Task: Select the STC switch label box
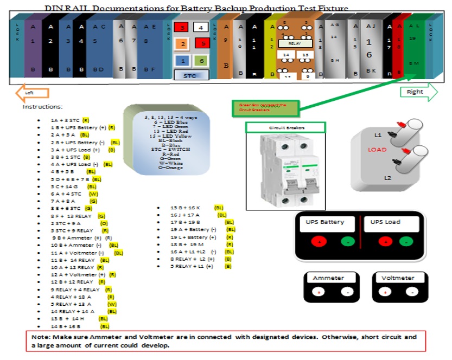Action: click(x=190, y=76)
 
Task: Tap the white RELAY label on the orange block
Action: click(x=294, y=43)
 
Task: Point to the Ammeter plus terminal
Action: click(x=319, y=292)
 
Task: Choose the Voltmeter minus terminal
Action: click(x=412, y=292)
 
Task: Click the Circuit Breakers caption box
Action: click(x=285, y=127)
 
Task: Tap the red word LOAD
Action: click(x=377, y=150)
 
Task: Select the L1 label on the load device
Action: click(x=378, y=134)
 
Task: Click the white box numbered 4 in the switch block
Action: click(x=200, y=27)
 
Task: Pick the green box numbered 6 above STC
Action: click(x=200, y=61)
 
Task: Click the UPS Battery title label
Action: click(x=325, y=222)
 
